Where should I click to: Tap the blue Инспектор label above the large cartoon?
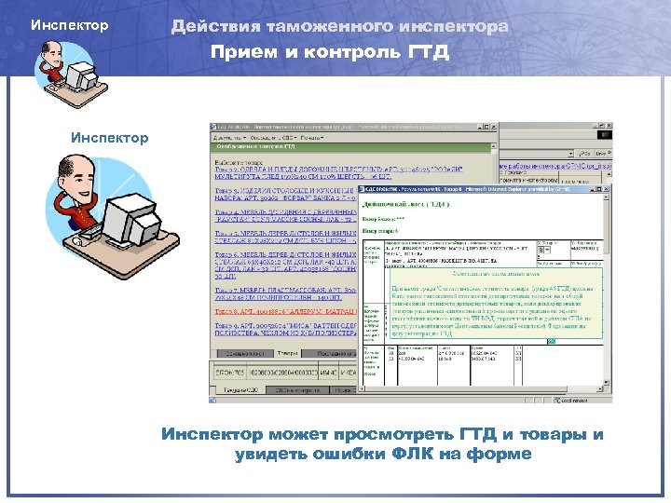(x=109, y=138)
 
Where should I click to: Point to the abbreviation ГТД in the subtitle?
(x=429, y=51)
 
